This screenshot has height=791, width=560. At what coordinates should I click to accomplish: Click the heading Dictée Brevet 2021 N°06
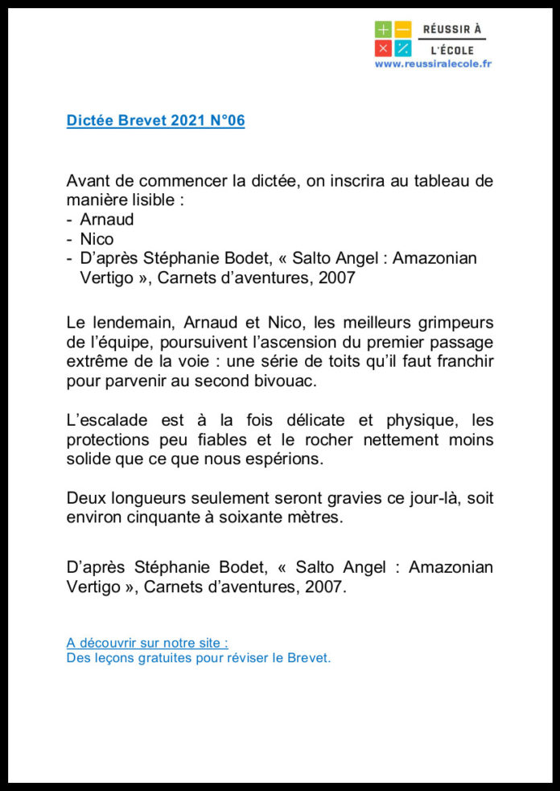tap(155, 121)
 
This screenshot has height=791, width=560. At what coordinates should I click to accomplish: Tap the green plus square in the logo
tap(383, 30)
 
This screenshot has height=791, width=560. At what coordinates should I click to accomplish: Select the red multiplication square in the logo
tap(383, 48)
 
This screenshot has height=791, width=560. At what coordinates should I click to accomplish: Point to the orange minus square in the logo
tap(403, 30)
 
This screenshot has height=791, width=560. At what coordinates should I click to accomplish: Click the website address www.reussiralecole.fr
tap(433, 64)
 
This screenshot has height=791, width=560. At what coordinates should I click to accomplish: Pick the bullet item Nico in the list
tap(97, 239)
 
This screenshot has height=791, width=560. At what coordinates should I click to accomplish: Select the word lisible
tap(150, 200)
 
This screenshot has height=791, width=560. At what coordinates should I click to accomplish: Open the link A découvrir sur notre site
tap(147, 643)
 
